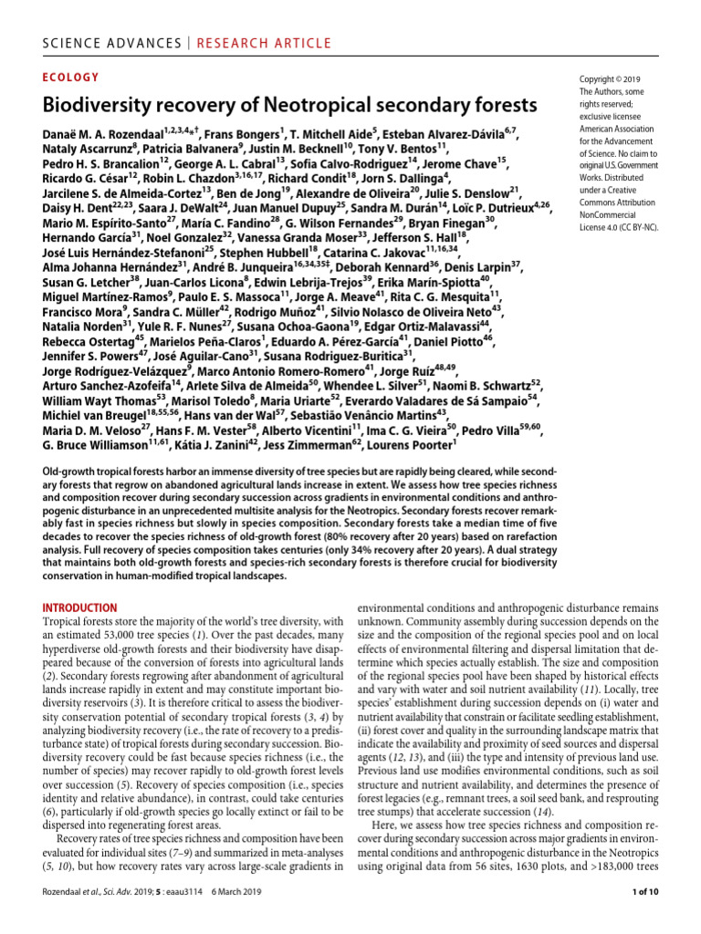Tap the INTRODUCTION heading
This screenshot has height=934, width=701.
click(86, 607)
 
